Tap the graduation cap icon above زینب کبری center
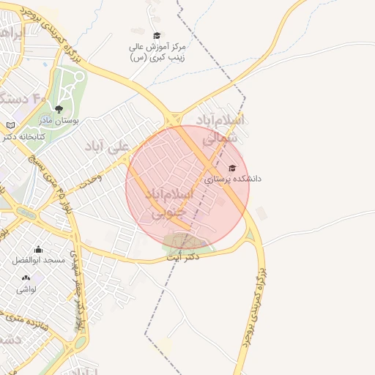pyautogui.click(x=156, y=36)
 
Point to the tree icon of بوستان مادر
pyautogui.click(x=59, y=109)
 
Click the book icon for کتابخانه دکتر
pyautogui.click(x=10, y=125)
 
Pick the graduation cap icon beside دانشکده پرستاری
pyautogui.click(x=232, y=168)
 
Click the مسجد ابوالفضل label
pyautogui.click(x=39, y=260)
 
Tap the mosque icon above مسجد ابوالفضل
pyautogui.click(x=39, y=249)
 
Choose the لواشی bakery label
pyautogui.click(x=26, y=289)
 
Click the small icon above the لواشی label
pyautogui.click(x=26, y=278)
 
